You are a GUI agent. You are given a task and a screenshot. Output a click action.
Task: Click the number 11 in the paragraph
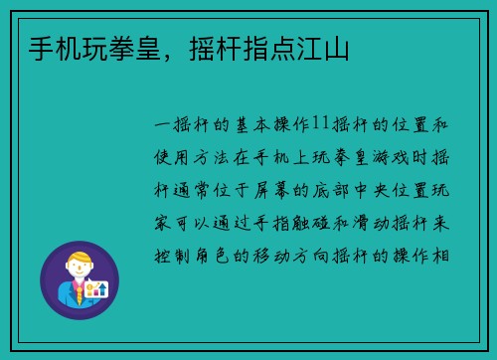[x=319, y=123]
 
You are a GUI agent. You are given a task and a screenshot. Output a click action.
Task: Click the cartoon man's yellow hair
[x=79, y=257]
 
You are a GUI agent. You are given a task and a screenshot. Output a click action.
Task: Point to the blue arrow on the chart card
[x=101, y=288]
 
